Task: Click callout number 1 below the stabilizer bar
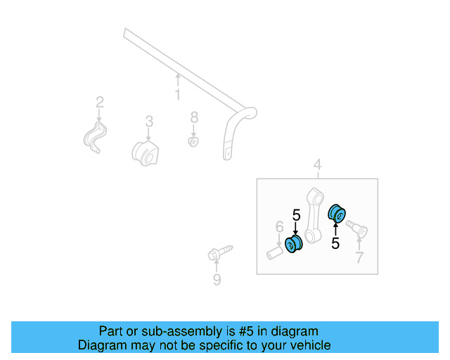(x=178, y=94)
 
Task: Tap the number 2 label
(x=100, y=101)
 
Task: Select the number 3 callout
(x=149, y=122)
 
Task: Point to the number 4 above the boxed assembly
(x=318, y=165)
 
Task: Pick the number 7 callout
(x=359, y=258)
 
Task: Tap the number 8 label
(x=195, y=117)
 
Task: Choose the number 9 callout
(x=217, y=281)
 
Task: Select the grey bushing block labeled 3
(x=146, y=153)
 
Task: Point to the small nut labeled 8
(x=193, y=142)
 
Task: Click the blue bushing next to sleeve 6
(x=294, y=243)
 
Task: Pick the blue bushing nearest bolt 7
(x=337, y=211)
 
